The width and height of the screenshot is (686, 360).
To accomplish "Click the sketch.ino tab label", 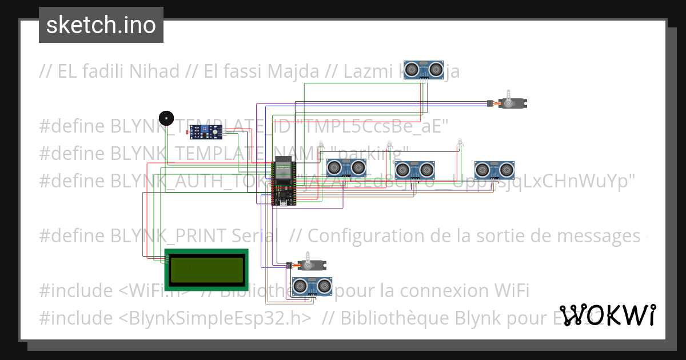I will pyautogui.click(x=101, y=25).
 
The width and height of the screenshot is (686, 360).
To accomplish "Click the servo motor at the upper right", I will pyautogui.click(x=512, y=103).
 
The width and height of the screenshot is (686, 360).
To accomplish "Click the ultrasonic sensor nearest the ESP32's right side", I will pyautogui.click(x=346, y=167).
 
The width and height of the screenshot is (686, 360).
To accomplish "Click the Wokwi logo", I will pyautogui.click(x=607, y=315).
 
